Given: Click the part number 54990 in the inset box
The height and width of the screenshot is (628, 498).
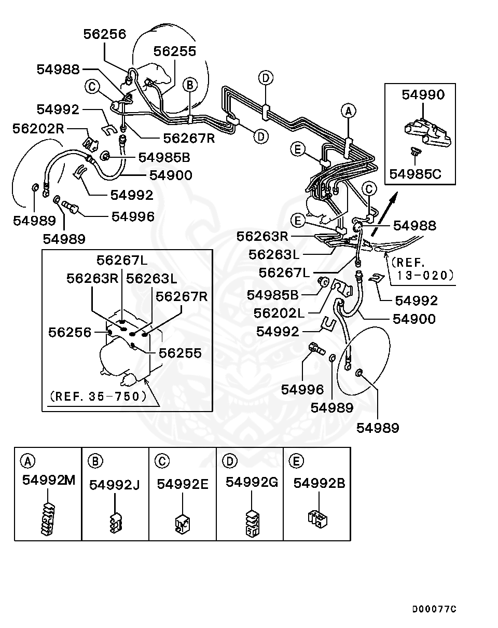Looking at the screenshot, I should (423, 94).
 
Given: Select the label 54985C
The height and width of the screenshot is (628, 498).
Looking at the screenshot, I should (415, 173).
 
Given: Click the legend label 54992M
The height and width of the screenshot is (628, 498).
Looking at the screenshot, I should (48, 480).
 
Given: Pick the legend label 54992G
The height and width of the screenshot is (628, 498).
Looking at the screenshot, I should (252, 482).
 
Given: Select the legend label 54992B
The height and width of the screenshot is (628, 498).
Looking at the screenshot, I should (319, 483).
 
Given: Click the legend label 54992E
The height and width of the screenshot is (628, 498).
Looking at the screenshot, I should (183, 484).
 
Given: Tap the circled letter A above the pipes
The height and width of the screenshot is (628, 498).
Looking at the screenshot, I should (349, 110).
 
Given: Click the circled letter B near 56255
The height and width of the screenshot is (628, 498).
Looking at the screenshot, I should (190, 84).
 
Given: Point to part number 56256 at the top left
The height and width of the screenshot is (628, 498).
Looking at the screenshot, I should (105, 34).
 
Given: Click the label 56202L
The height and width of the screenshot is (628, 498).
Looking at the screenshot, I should (278, 313).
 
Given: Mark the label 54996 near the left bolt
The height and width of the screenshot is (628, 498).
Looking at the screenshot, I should (133, 216).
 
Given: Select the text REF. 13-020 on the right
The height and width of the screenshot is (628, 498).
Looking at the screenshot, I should (423, 269).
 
